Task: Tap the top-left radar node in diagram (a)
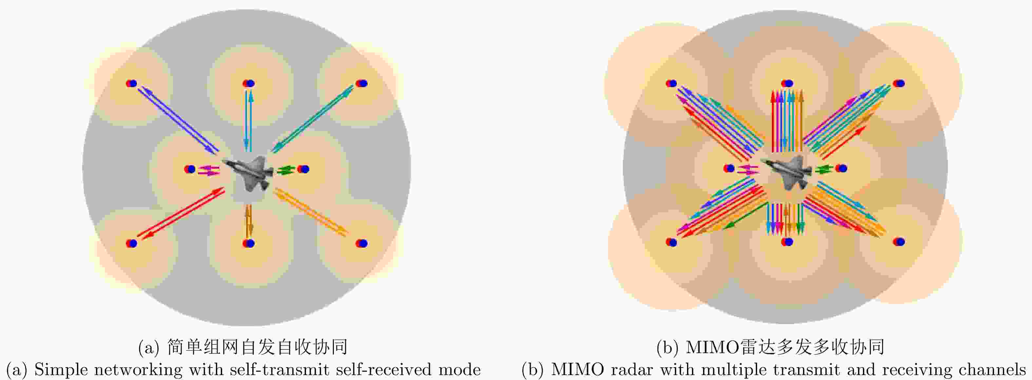point(131,84)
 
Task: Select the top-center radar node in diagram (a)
point(249,84)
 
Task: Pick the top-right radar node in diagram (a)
point(361,84)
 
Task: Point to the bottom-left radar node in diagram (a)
point(131,243)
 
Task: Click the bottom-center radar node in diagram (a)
point(249,243)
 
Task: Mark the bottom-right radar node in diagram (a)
point(361,243)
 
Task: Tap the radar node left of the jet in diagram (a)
point(190,169)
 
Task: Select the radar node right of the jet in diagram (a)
point(303,169)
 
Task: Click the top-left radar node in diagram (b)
point(671,84)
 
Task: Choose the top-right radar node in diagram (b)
point(899,84)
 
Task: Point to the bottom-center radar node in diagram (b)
point(787,242)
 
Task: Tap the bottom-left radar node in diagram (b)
point(671,242)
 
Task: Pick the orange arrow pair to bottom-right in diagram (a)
point(311,212)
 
